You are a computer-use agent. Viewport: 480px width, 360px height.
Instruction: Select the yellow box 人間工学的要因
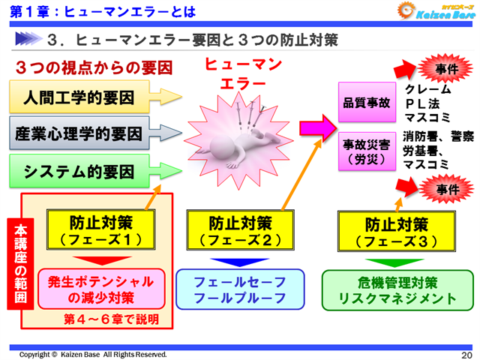(82, 97)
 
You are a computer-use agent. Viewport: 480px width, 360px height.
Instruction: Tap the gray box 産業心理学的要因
(82, 135)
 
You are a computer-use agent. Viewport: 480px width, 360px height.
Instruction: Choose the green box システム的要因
(82, 173)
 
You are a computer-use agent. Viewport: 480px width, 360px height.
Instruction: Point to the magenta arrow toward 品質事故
(318, 124)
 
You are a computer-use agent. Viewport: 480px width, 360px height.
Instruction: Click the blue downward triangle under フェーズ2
(235, 262)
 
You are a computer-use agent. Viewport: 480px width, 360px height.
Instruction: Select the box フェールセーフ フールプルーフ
(240, 289)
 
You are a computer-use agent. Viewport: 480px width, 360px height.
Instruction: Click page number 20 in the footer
(466, 354)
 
